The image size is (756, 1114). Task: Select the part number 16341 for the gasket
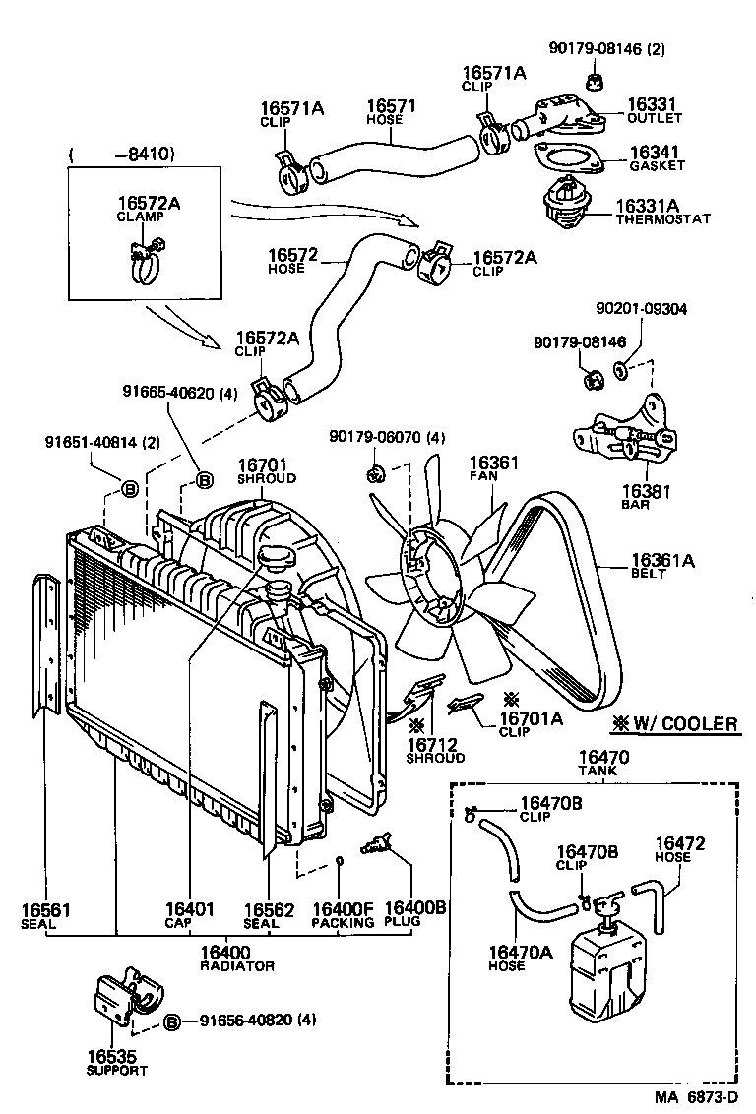[652, 155]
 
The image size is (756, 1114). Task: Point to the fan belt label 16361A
[662, 563]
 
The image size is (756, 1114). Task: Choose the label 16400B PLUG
[414, 914]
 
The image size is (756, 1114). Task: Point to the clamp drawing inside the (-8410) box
[145, 259]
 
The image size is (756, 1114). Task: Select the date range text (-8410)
[122, 154]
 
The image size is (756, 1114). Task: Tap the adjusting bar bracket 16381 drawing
[625, 430]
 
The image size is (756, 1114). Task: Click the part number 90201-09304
[641, 308]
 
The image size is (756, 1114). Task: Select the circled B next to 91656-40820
[171, 1021]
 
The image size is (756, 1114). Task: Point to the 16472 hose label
[680, 848]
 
